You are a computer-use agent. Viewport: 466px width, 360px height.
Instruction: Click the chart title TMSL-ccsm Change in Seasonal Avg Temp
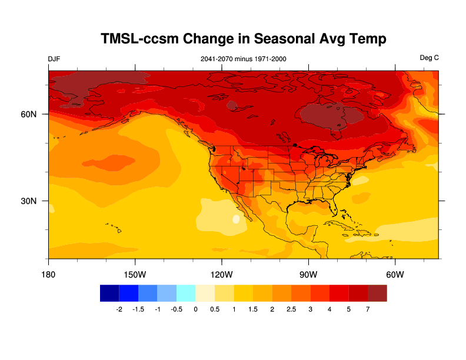[x=244, y=39]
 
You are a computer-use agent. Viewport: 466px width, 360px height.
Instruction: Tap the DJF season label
[x=54, y=59]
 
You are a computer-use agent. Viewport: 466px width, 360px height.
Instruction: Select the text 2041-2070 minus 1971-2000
[x=244, y=59]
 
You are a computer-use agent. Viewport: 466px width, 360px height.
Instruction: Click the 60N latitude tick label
[x=29, y=114]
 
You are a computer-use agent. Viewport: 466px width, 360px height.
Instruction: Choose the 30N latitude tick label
[x=29, y=201]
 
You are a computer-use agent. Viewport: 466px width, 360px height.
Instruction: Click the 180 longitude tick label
[x=48, y=275]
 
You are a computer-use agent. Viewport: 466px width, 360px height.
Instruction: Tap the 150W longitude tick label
[x=135, y=275]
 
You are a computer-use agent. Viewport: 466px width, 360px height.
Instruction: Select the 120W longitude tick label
[x=221, y=275]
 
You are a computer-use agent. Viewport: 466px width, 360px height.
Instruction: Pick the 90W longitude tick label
[x=308, y=275]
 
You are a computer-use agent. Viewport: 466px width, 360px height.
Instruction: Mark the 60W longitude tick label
[x=394, y=275]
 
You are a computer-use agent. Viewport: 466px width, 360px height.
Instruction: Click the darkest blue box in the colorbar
[x=109, y=293]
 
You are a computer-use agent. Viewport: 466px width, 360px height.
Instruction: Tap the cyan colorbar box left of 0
[x=186, y=293]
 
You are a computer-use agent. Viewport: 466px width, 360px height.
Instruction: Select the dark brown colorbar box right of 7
[x=377, y=293]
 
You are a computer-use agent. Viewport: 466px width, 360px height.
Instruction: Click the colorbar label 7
[x=368, y=309]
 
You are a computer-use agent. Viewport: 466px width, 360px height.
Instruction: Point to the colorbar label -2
[x=119, y=309]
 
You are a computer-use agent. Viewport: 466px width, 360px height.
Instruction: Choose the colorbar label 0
[x=195, y=309]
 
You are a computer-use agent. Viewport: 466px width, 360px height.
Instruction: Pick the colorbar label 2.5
[x=291, y=309]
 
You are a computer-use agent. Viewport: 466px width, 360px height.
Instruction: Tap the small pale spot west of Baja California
[x=237, y=219]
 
